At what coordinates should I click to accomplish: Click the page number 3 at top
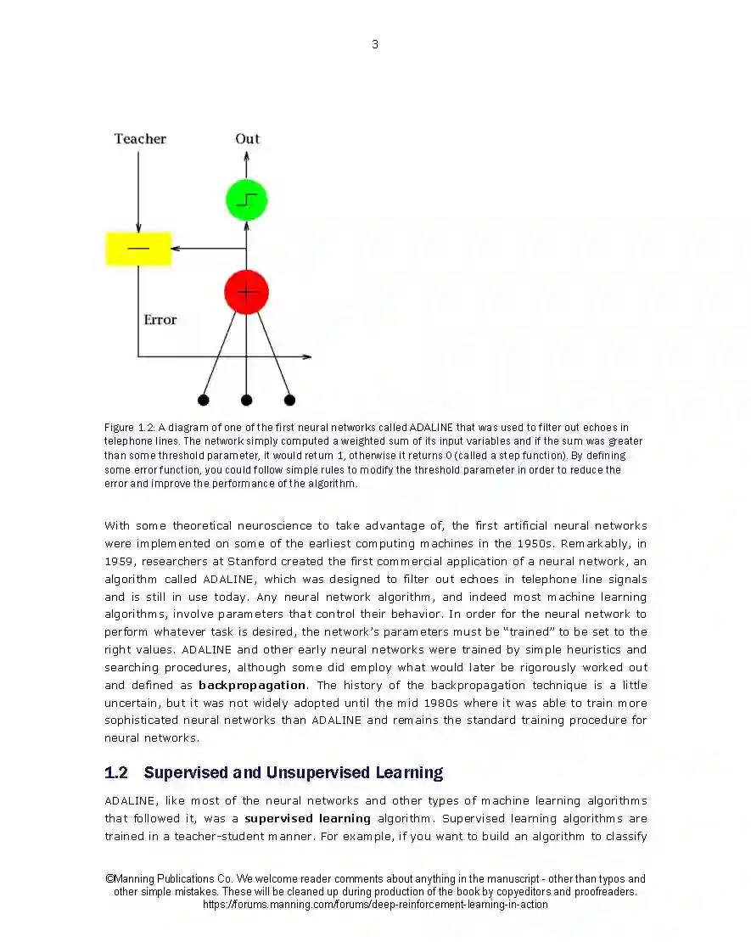pyautogui.click(x=375, y=44)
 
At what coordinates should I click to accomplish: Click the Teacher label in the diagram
pyautogui.click(x=140, y=139)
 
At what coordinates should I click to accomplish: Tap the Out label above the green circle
pyautogui.click(x=247, y=139)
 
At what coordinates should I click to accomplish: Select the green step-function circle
pyautogui.click(x=246, y=200)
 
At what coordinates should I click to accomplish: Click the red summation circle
pyautogui.click(x=246, y=292)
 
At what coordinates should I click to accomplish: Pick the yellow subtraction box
pyautogui.click(x=137, y=249)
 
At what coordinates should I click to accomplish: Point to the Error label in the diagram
pyautogui.click(x=160, y=320)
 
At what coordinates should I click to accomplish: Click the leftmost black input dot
pyautogui.click(x=203, y=400)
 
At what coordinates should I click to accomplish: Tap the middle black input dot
pyautogui.click(x=246, y=400)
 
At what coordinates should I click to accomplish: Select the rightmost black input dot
pyautogui.click(x=289, y=400)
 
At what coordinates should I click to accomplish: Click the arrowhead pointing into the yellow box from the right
pyautogui.click(x=175, y=249)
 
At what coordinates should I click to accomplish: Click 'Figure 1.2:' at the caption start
pyautogui.click(x=129, y=428)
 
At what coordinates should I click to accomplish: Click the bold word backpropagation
pyautogui.click(x=252, y=685)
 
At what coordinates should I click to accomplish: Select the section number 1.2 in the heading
pyautogui.click(x=116, y=772)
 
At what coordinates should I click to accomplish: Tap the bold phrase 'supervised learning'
pyautogui.click(x=307, y=819)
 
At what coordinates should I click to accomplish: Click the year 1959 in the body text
pyautogui.click(x=118, y=561)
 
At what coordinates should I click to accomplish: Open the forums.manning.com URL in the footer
pyautogui.click(x=375, y=905)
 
